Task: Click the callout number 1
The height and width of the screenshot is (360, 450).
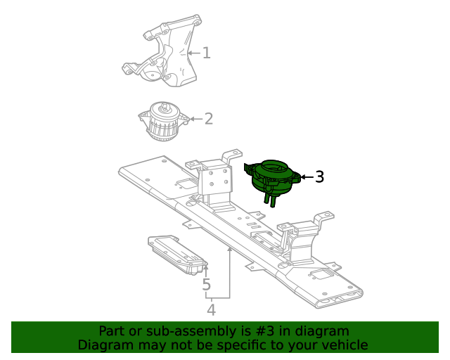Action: pos(207,53)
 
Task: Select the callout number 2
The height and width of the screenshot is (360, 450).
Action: pos(209,119)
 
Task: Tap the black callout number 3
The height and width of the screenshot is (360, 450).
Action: pos(319,177)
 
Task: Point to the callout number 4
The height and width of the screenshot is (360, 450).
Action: pos(211,309)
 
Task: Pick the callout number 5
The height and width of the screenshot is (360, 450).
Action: pos(206,285)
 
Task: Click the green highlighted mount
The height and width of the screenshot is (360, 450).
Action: pos(273,177)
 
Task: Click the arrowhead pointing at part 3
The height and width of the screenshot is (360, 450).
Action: pos(302,177)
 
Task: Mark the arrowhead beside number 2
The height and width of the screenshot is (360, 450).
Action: pos(192,119)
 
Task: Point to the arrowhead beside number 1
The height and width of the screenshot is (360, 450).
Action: pos(190,53)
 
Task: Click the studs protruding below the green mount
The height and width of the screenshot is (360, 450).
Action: pos(269,201)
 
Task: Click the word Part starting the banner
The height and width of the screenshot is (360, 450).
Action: pos(112,331)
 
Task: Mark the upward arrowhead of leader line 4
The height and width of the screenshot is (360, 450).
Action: pos(229,250)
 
